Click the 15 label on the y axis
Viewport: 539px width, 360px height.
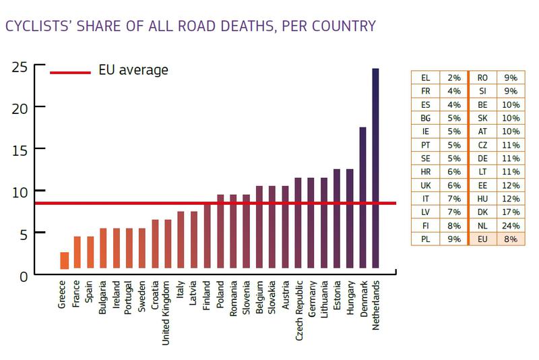pyautogui.click(x=19, y=149)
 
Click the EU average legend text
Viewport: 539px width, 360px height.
pyautogui.click(x=133, y=70)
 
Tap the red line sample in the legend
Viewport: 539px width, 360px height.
pyautogui.click(x=70, y=71)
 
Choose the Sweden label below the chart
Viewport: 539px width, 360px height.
pyautogui.click(x=141, y=296)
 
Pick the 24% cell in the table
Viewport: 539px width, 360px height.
pyautogui.click(x=511, y=225)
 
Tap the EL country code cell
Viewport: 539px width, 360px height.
pyautogui.click(x=425, y=78)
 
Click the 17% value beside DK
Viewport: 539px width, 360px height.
pyautogui.click(x=511, y=212)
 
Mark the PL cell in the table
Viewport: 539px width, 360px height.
pyautogui.click(x=425, y=238)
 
